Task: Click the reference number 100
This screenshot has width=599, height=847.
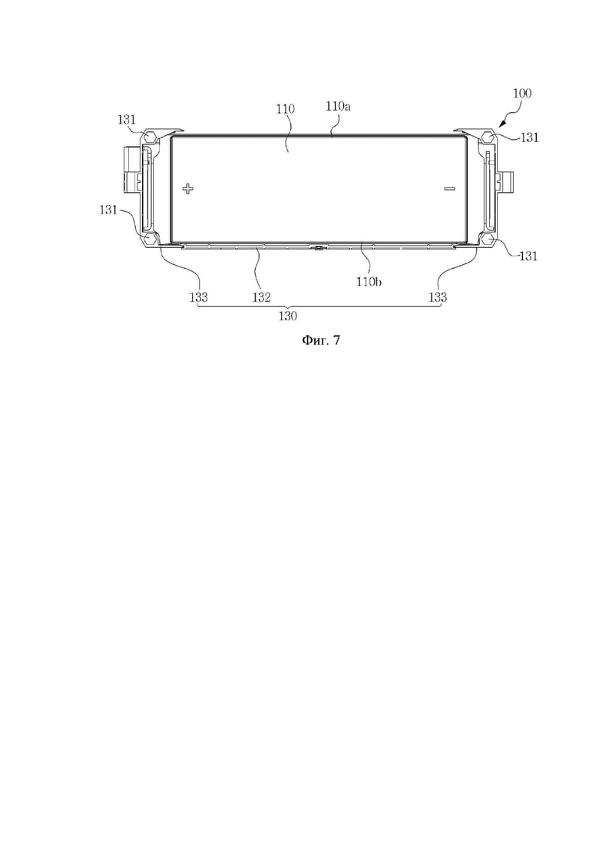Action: [521, 93]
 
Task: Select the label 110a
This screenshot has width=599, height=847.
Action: [338, 106]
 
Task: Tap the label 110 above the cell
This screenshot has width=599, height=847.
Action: [285, 109]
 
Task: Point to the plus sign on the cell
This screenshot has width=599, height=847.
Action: [187, 189]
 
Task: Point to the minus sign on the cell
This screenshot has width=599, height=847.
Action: [449, 189]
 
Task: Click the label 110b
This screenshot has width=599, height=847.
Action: [370, 281]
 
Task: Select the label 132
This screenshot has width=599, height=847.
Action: [261, 296]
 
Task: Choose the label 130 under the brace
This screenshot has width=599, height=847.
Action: [288, 316]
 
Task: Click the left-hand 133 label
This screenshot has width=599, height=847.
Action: [199, 296]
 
